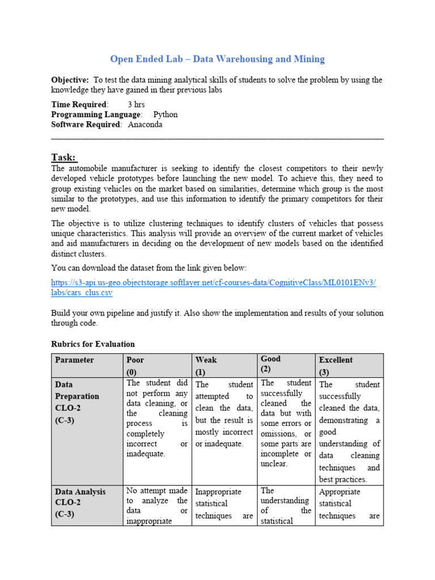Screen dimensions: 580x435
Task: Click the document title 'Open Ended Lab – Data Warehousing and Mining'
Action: point(217,59)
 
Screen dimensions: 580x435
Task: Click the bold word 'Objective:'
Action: point(70,80)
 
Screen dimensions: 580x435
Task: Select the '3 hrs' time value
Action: point(136,104)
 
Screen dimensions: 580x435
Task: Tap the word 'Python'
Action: point(165,114)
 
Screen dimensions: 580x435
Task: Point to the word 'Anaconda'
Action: point(145,125)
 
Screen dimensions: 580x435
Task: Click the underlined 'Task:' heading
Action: point(63,157)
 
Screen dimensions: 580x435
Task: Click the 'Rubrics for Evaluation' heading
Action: point(93,344)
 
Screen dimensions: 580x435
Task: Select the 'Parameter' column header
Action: point(74,360)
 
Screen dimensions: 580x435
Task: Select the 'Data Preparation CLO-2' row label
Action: point(77,402)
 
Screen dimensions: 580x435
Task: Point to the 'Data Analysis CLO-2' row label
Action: point(80,504)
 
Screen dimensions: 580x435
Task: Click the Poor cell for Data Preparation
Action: point(157,418)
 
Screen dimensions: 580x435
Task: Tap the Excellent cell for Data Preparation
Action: point(349,432)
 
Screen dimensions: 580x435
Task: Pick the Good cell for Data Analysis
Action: point(285,505)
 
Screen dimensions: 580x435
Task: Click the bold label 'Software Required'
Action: point(86,125)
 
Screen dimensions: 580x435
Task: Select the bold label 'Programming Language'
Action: point(95,114)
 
